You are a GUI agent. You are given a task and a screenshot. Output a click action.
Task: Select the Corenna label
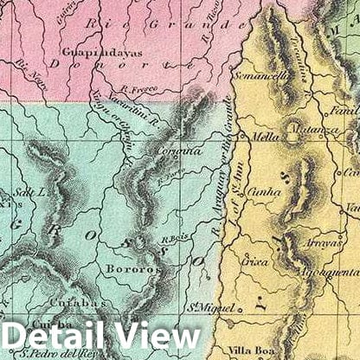tap(182, 149)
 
